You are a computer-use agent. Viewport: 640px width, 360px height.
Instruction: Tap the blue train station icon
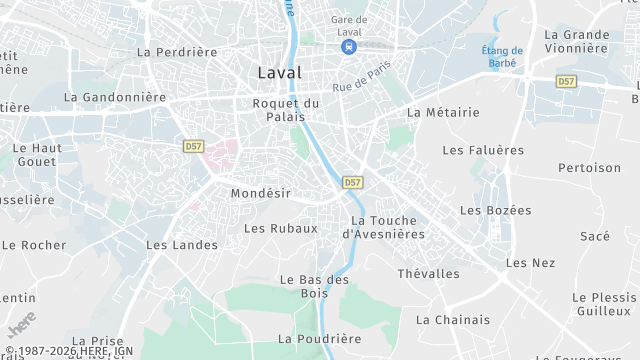tap(348, 47)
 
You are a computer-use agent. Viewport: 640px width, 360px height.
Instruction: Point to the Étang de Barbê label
tap(502, 57)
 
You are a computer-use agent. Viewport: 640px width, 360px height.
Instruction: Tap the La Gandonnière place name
tap(114, 97)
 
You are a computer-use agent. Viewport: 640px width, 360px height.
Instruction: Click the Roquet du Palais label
tap(286, 110)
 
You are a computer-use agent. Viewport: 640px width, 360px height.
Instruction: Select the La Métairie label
tap(443, 113)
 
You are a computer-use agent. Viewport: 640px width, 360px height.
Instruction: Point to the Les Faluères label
tap(483, 150)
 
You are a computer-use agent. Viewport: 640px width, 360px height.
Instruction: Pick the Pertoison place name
tap(589, 168)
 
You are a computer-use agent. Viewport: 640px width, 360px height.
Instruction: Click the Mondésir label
tap(260, 192)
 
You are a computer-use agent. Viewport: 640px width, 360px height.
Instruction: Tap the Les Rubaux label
tap(280, 228)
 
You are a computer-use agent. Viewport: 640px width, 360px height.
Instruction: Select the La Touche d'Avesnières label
tap(383, 227)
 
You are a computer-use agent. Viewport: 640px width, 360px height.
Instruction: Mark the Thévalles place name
tap(428, 273)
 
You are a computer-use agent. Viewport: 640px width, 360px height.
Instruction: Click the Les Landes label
tap(181, 244)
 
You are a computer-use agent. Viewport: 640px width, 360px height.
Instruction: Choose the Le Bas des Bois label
tap(314, 286)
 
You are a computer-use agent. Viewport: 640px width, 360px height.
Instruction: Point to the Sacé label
tap(595, 236)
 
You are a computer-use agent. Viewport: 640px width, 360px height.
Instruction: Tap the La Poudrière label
tap(320, 339)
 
